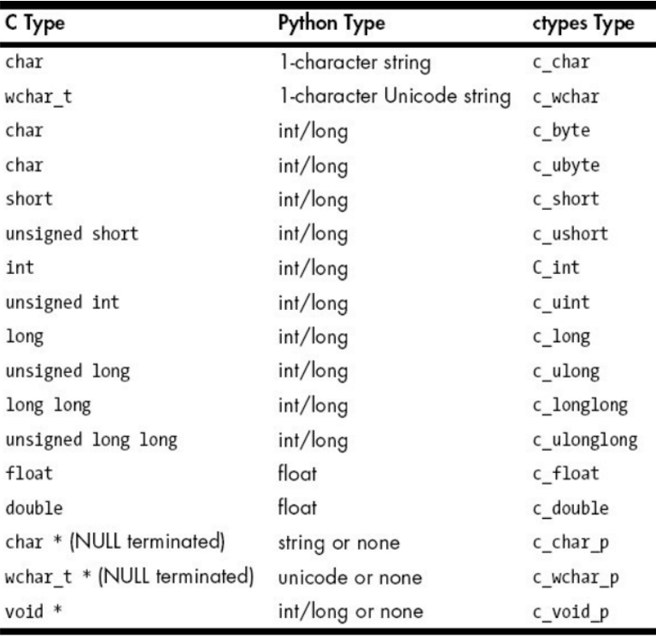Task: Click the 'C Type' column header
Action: coord(35,23)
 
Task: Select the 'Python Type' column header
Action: coord(331,23)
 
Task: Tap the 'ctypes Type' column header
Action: coord(583,24)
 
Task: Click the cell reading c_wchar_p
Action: coord(576,578)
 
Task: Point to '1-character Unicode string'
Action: coord(395,96)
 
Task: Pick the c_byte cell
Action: coord(561,131)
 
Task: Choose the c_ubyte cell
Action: coord(566,166)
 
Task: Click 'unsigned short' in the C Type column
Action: coord(72,234)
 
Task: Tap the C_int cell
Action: coord(556,268)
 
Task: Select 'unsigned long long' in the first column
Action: coord(91,441)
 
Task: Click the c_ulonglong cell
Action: coord(585,441)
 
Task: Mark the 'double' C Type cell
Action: coord(34,508)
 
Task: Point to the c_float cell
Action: coord(565,473)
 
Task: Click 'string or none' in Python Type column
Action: coord(339,543)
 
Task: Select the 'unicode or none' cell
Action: coord(350,577)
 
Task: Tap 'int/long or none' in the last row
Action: coord(350,612)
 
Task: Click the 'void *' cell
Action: coord(33,611)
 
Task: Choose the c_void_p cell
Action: coord(571,613)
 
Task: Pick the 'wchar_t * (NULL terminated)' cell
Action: coord(129,577)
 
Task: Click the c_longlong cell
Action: coord(580,406)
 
